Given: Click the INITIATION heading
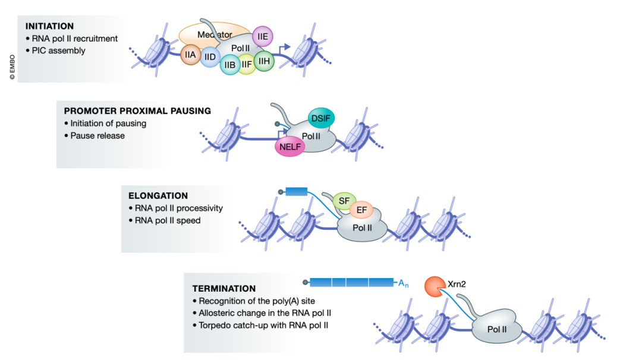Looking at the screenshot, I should point(49,26).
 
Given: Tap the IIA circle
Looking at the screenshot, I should point(190,55).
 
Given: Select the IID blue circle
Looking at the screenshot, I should point(209,57).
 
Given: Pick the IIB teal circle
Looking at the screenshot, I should point(230,64).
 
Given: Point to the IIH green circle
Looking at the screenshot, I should point(264,60).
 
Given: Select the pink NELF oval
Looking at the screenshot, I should point(289,146).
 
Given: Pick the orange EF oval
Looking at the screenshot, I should point(361,210).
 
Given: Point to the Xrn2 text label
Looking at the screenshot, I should point(457,285).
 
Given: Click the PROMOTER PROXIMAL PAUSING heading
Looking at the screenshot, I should point(137,111).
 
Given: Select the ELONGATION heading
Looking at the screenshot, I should point(158,195).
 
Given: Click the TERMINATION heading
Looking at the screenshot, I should point(224,289).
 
